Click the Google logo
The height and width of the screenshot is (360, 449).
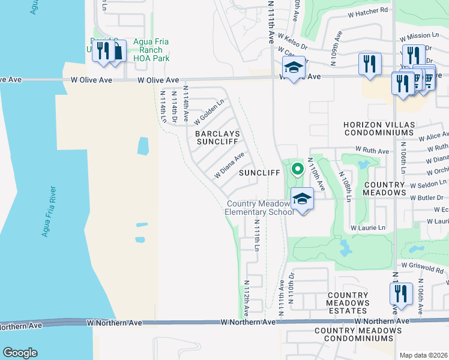(x=20, y=353)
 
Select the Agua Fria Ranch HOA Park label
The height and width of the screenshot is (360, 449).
(x=151, y=50)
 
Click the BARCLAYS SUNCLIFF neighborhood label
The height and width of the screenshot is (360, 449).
(x=217, y=138)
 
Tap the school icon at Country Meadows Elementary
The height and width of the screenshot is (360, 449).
(x=303, y=198)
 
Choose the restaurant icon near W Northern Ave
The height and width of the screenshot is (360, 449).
(x=400, y=294)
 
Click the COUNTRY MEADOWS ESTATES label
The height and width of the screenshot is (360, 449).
(x=348, y=303)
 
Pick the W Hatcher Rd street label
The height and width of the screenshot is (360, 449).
(x=368, y=10)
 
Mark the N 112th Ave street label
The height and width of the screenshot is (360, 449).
(x=246, y=298)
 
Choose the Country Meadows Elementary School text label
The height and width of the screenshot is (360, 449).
(x=259, y=208)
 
